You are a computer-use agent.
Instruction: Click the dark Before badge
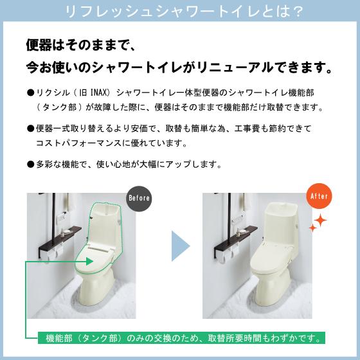tap(139, 197)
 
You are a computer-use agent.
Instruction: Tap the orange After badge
tap(319, 196)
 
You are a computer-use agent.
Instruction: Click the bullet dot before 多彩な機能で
tap(30, 164)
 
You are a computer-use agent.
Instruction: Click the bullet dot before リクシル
tap(30, 93)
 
